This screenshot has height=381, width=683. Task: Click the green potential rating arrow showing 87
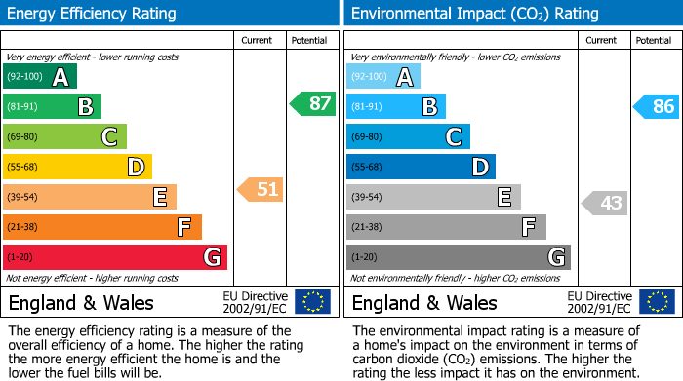(x=313, y=103)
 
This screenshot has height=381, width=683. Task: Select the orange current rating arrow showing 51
(x=261, y=189)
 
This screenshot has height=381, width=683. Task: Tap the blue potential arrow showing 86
(x=657, y=106)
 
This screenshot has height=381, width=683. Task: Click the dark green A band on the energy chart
(x=40, y=77)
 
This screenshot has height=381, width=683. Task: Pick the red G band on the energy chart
(x=115, y=257)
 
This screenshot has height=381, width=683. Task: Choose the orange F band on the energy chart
(x=102, y=227)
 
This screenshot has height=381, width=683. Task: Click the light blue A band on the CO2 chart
(x=383, y=77)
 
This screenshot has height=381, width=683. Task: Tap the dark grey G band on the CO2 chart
(x=458, y=257)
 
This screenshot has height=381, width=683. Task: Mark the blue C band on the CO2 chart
(x=408, y=136)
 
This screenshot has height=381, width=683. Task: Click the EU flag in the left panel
(x=312, y=301)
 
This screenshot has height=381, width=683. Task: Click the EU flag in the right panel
(x=657, y=301)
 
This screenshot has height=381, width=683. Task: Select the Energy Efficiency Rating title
(x=93, y=14)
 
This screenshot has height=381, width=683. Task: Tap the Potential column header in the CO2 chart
(x=654, y=40)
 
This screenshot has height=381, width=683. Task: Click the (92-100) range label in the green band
(x=25, y=77)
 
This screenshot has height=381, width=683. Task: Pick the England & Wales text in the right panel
(x=424, y=302)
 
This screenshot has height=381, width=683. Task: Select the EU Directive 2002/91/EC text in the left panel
(x=256, y=301)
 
